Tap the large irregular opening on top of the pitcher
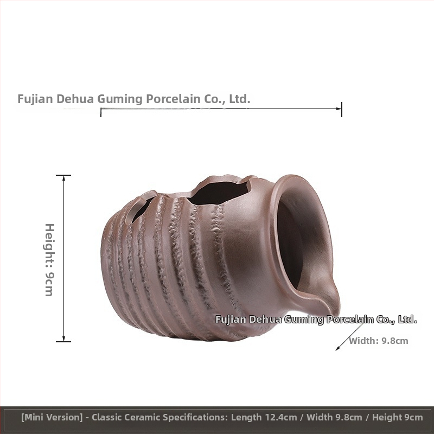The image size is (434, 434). [219, 193]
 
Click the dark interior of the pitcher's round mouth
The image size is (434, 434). [291, 244]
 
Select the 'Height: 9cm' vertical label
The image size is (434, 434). [50, 260]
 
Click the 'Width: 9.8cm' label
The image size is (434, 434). [378, 341]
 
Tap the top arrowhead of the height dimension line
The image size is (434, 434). [63, 178]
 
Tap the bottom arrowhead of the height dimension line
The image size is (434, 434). [63, 339]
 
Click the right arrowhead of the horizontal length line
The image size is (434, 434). [339, 109]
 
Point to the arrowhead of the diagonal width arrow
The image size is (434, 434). [337, 348]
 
